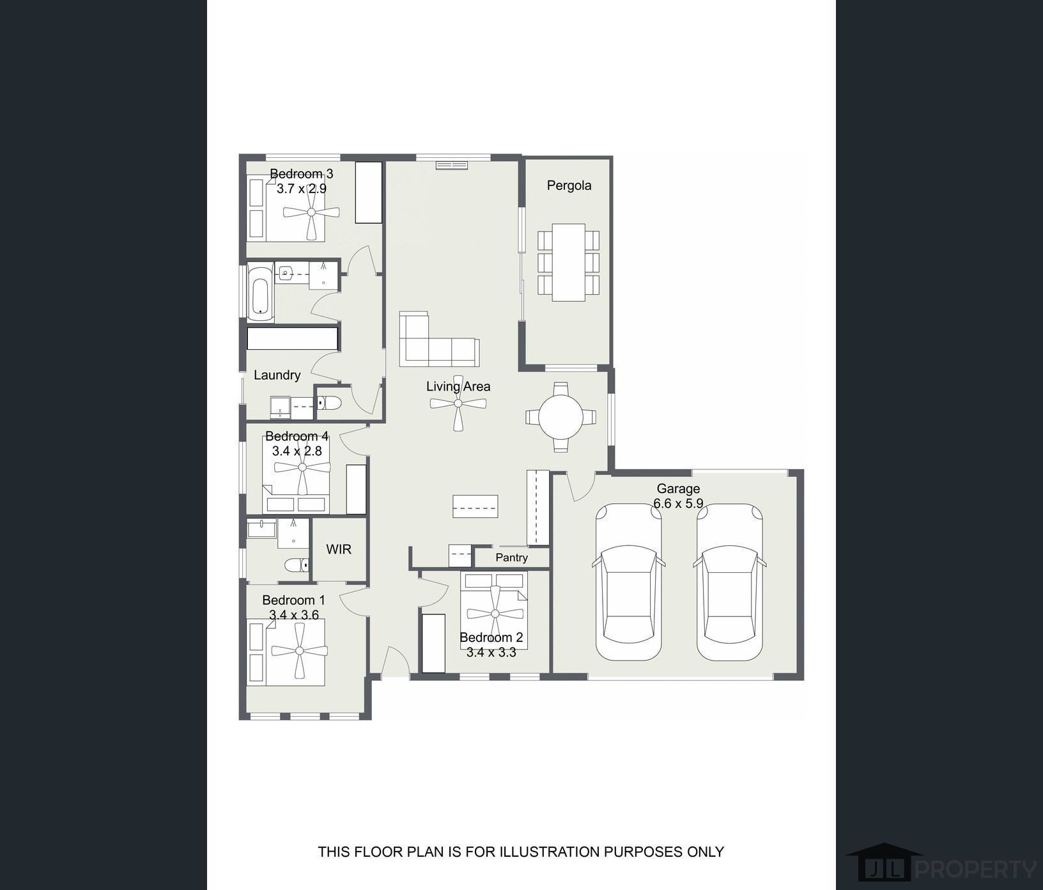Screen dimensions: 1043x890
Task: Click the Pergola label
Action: (x=569, y=185)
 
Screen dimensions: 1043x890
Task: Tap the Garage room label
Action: (x=678, y=488)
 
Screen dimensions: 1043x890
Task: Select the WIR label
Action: (x=339, y=549)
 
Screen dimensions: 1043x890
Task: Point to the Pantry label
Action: (x=511, y=558)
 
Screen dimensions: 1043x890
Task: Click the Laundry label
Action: (x=277, y=375)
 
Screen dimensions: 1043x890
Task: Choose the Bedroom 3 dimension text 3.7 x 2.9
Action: (x=301, y=189)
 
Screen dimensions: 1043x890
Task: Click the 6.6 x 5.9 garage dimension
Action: (x=678, y=504)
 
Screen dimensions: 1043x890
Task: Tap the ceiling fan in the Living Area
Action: (x=458, y=403)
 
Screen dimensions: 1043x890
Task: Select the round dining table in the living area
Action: (x=560, y=417)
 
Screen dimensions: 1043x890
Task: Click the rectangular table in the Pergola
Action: (x=569, y=262)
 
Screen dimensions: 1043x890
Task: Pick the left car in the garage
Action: (x=629, y=582)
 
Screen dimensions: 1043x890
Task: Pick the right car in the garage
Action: (x=729, y=582)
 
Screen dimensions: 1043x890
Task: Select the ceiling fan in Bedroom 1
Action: (x=300, y=651)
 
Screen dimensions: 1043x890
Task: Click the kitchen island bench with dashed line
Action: (x=475, y=506)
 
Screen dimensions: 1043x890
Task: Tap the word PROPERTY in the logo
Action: (x=976, y=870)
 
